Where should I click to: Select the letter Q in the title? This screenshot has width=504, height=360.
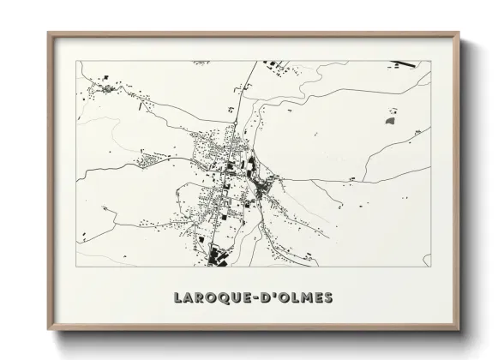[221, 298]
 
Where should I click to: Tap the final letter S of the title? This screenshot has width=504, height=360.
[329, 298]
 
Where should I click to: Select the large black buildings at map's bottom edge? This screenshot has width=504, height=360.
[215, 255]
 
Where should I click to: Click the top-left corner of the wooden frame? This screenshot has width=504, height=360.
[48, 33]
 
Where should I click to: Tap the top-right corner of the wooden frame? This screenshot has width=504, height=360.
[460, 33]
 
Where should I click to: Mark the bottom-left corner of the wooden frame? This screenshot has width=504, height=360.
[48, 331]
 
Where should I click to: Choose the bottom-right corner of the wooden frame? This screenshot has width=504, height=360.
[460, 331]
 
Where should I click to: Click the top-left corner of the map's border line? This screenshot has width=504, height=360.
[77, 61]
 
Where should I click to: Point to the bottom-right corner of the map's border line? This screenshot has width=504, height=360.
[431, 267]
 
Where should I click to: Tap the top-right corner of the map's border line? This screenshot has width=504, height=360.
[431, 61]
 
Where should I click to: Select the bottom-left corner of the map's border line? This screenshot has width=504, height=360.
[77, 267]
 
